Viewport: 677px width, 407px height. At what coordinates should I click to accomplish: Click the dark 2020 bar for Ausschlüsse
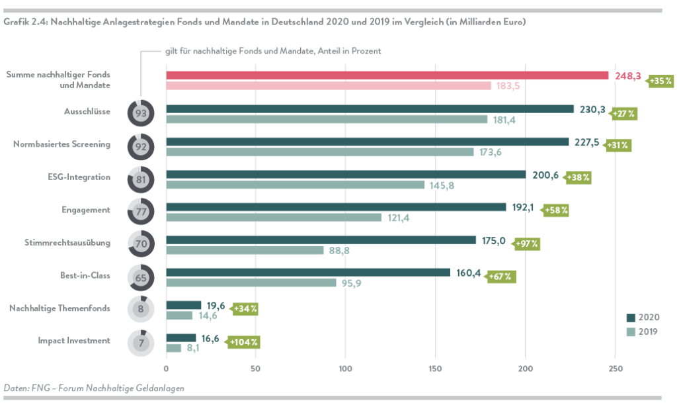pos(370,109)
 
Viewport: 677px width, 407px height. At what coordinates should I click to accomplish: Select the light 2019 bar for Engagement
pos(274,217)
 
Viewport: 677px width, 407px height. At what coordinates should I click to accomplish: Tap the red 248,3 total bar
pos(387,75)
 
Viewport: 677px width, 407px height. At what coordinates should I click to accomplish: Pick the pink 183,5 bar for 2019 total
pos(328,86)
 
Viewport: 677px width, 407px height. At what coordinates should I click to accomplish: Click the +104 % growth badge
pos(243,342)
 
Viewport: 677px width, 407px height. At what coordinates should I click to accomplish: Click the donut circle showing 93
pos(141,113)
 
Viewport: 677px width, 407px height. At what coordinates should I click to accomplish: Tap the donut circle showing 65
pos(141,278)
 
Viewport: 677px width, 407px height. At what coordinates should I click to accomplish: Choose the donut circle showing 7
pos(141,343)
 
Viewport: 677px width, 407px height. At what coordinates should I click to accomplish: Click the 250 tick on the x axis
pos(616,368)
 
